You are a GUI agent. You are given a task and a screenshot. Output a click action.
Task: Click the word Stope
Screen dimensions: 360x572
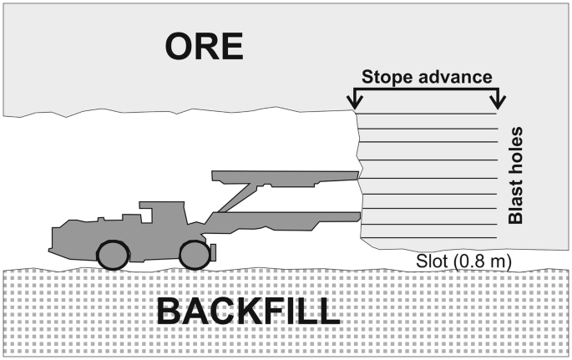click(388, 78)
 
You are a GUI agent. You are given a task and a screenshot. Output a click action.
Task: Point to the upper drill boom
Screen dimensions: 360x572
click(284, 176)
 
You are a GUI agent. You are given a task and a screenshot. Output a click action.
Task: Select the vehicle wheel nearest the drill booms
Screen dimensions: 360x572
click(195, 253)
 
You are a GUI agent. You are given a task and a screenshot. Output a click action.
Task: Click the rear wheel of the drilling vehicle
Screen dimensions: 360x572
click(113, 255)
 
